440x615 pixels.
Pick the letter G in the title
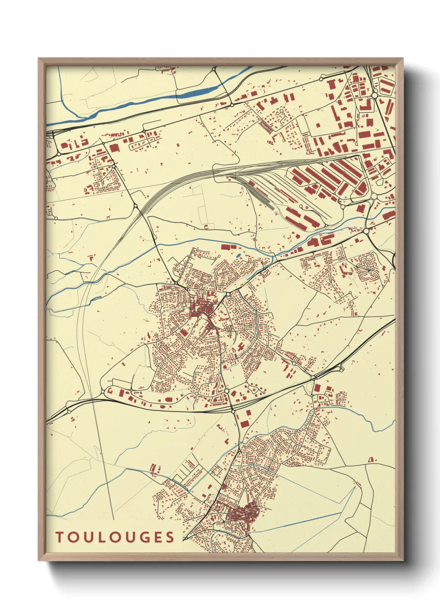pos(152,537)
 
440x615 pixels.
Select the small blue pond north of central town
pos(238,255)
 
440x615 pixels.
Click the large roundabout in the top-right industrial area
pos(374,96)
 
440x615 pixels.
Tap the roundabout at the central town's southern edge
pos(227,391)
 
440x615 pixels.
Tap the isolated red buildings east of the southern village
pos(371,459)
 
